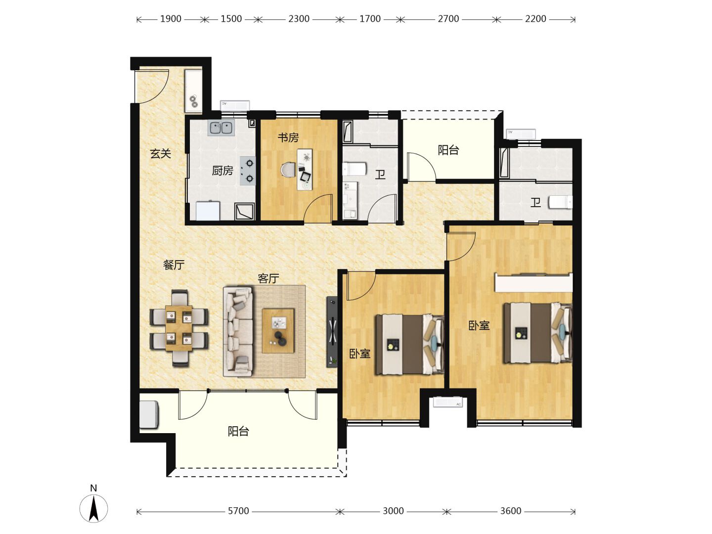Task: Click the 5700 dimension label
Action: pyautogui.click(x=238, y=511)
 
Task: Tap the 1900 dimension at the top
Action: pyautogui.click(x=171, y=19)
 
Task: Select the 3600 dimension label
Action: pyautogui.click(x=511, y=511)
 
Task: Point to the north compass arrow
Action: pyautogui.click(x=94, y=509)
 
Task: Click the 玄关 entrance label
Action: pyautogui.click(x=160, y=153)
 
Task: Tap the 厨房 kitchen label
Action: pyautogui.click(x=222, y=171)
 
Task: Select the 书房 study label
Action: pyautogui.click(x=288, y=137)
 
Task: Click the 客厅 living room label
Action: pyautogui.click(x=268, y=278)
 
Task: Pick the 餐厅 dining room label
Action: pyautogui.click(x=174, y=265)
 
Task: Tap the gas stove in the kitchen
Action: pyautogui.click(x=248, y=171)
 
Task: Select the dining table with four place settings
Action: pyautogui.click(x=178, y=328)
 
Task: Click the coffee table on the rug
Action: pyautogui.click(x=278, y=331)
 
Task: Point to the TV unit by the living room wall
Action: pyautogui.click(x=331, y=332)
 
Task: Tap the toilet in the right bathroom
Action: pyautogui.click(x=560, y=202)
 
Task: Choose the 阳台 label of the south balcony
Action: pyautogui.click(x=238, y=431)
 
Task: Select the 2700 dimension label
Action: pyautogui.click(x=448, y=19)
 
